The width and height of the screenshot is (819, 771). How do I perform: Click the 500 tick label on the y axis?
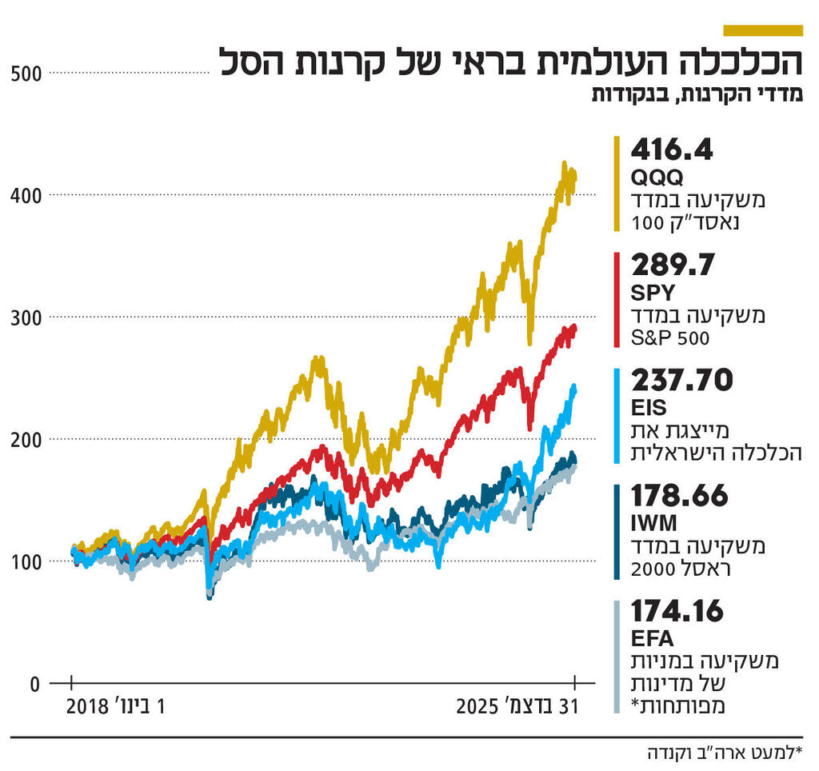tap(27, 74)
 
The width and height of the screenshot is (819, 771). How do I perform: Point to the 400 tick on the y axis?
tap(27, 195)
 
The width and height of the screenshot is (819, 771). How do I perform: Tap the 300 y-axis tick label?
tap(27, 318)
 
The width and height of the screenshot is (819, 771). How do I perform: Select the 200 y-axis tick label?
tap(27, 439)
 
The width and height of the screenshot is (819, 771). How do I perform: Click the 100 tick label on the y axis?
tap(27, 561)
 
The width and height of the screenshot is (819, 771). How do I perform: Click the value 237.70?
tap(681, 382)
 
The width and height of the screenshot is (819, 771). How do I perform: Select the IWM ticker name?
tap(654, 525)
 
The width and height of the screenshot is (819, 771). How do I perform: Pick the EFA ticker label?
tap(652, 640)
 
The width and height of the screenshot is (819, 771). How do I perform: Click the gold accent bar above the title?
tap(762, 30)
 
